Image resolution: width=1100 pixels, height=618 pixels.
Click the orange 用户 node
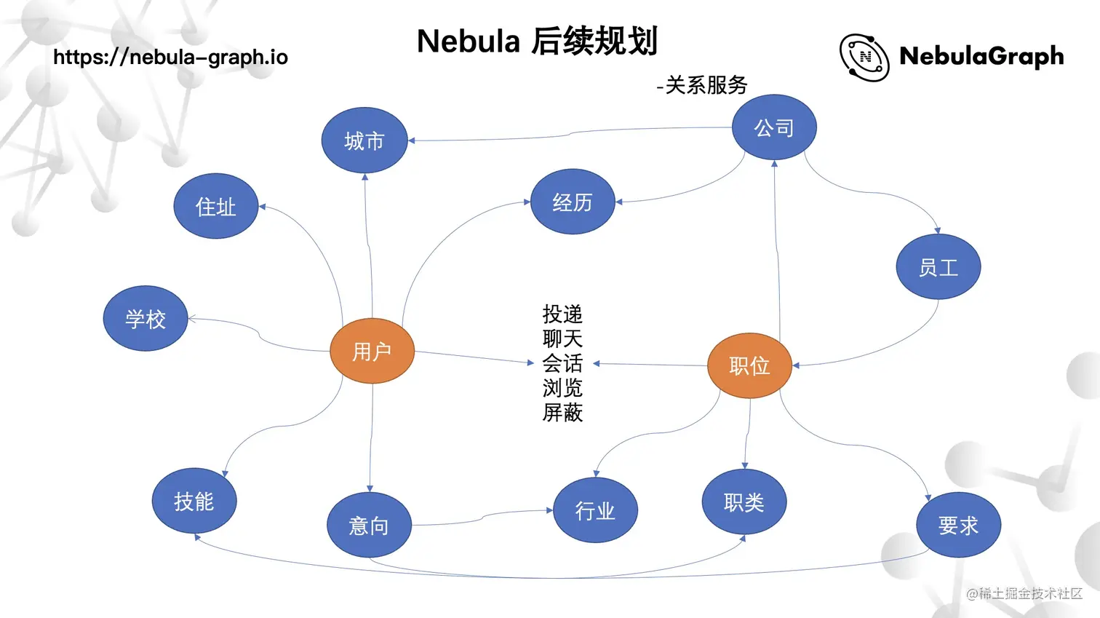[372, 351]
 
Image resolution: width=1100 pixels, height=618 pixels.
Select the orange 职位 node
[749, 365]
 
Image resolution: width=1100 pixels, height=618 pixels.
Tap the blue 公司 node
[774, 127]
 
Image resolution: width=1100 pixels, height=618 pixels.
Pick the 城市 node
[364, 140]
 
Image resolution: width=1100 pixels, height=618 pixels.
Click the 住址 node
[215, 206]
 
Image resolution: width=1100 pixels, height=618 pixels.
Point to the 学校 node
[146, 318]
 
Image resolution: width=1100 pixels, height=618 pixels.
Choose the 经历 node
[573, 202]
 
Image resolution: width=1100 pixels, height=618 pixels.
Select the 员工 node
[938, 266]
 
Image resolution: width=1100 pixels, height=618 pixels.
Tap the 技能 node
[194, 501]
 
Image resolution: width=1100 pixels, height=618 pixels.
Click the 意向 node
[369, 525]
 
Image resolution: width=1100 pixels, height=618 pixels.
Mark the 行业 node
[595, 510]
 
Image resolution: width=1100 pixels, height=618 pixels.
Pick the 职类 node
[744, 502]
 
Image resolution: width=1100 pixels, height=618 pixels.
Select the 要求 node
[958, 525]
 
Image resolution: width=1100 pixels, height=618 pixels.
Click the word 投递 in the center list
[562, 314]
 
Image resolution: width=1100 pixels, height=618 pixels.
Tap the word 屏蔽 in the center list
[562, 413]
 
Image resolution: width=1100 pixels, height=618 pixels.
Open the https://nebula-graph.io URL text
[170, 57]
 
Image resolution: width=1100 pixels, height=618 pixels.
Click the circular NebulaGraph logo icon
[864, 57]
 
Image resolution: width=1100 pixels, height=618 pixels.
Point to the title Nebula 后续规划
[537, 41]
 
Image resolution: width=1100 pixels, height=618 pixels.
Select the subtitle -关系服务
[701, 85]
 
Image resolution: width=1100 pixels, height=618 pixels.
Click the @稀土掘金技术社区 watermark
[1024, 593]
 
